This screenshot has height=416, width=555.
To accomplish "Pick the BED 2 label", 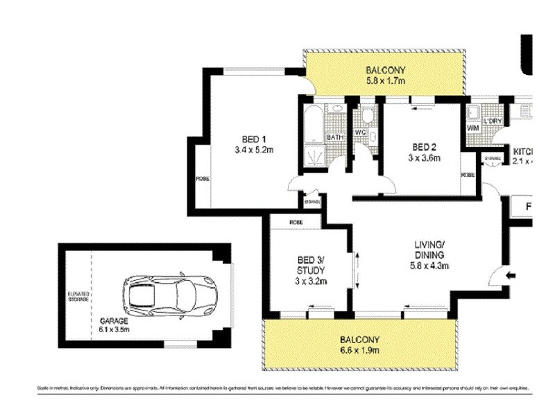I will tap(424, 147).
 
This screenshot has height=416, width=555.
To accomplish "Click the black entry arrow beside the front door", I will tap(511, 276).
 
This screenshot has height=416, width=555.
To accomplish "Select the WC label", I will tap(361, 132).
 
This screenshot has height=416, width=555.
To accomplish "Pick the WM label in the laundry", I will tap(474, 128).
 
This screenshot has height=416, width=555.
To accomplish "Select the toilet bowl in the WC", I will tap(367, 115).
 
